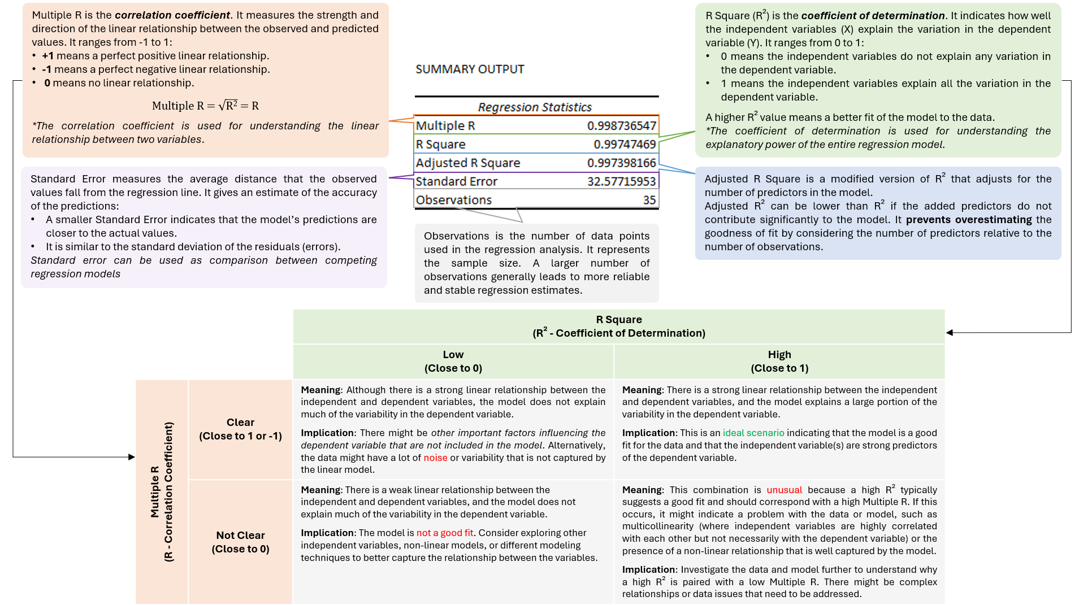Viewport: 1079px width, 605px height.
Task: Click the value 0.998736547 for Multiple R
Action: coord(621,125)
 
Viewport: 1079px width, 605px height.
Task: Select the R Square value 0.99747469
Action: coord(625,144)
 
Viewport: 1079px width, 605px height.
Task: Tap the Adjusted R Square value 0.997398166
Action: coord(621,163)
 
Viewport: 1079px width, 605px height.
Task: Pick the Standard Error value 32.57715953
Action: coord(621,181)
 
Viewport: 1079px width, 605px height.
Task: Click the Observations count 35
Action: coord(649,200)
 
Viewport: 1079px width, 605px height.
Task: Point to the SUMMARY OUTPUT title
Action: coord(470,69)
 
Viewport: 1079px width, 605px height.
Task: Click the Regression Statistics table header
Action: coord(535,107)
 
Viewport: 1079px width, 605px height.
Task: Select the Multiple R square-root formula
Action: coord(205,106)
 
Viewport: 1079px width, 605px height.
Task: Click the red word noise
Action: coord(435,458)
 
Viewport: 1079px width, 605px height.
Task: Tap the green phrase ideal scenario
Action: coord(753,433)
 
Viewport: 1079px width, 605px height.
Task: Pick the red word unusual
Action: coord(784,490)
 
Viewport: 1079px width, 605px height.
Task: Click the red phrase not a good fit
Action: coord(445,533)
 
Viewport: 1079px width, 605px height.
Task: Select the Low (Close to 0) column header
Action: coord(453,361)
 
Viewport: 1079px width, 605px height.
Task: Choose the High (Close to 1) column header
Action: coord(779,361)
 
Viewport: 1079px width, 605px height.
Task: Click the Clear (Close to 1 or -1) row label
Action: coord(240,429)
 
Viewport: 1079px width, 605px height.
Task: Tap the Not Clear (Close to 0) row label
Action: coord(240,542)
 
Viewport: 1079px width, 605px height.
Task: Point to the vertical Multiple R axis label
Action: coord(162,491)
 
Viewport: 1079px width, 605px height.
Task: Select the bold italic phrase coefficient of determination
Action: coord(873,16)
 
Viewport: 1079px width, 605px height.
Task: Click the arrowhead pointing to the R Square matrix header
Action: coord(950,333)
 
